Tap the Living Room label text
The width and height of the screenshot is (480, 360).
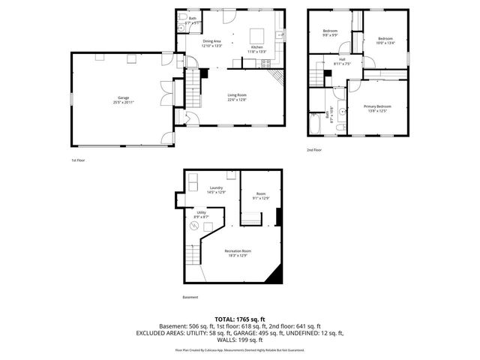tap(237, 97)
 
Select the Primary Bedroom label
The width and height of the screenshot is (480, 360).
tap(379, 109)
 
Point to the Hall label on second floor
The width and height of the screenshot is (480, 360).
tap(342, 61)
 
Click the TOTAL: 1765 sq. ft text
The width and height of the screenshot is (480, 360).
tap(239, 319)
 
